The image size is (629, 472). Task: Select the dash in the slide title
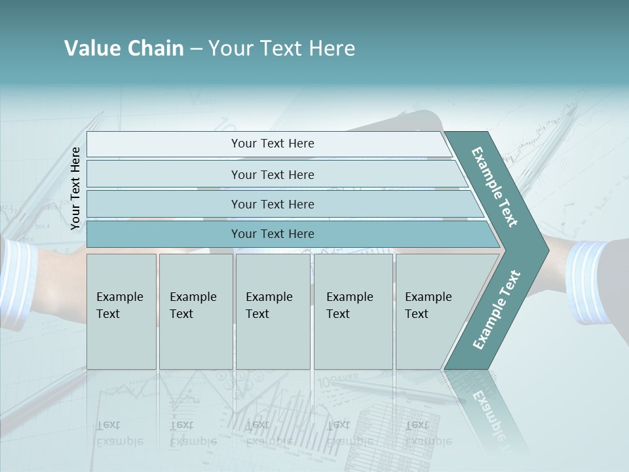tap(196, 49)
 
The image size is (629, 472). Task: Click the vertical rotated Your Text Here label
tap(75, 188)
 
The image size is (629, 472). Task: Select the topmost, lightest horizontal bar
tap(272, 144)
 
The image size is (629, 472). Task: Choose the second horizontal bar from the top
tap(272, 174)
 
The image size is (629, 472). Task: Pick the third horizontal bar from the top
tap(272, 204)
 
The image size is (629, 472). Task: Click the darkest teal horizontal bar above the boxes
tap(272, 234)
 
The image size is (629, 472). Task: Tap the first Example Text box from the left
tap(121, 311)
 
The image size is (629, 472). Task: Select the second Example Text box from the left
tap(195, 311)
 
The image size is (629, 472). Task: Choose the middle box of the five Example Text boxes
tap(273, 311)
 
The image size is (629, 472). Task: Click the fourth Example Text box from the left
tap(353, 311)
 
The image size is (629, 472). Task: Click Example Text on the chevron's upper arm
tap(495, 187)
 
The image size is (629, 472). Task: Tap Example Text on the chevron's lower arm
tap(497, 309)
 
